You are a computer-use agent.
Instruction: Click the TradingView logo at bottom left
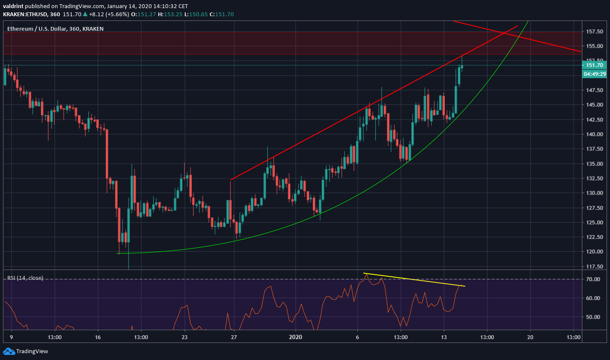pyautogui.click(x=26, y=351)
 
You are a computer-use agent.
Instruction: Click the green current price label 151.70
pyautogui.click(x=594, y=65)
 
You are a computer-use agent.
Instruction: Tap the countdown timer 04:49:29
pyautogui.click(x=594, y=74)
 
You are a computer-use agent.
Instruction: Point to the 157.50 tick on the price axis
pyautogui.click(x=595, y=32)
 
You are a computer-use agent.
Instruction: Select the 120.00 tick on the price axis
pyautogui.click(x=595, y=252)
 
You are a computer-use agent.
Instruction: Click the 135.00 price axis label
pyautogui.click(x=595, y=164)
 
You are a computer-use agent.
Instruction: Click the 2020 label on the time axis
pyautogui.click(x=295, y=337)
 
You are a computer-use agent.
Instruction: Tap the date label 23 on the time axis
pyautogui.click(x=185, y=337)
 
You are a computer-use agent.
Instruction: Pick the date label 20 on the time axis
pyautogui.click(x=530, y=337)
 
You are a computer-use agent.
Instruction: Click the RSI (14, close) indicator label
pyautogui.click(x=25, y=278)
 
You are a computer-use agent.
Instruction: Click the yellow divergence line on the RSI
pyautogui.click(x=414, y=279)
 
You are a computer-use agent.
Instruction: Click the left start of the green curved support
pyautogui.click(x=118, y=253)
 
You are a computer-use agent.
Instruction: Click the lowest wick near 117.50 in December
pyautogui.click(x=128, y=268)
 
